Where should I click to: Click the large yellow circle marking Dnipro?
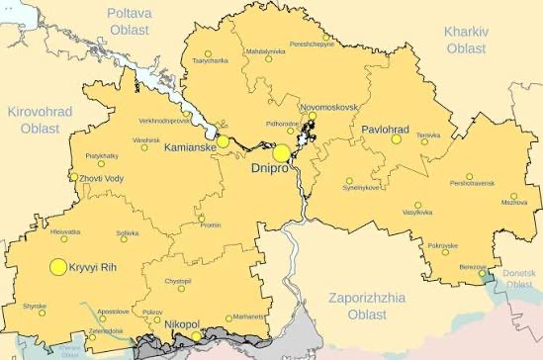(282, 153)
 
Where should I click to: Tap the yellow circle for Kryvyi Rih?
(57, 267)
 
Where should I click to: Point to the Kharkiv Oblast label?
(466, 40)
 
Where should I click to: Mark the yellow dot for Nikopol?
(196, 336)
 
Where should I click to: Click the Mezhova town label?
(513, 202)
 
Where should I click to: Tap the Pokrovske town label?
(442, 244)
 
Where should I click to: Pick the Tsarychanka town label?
(210, 61)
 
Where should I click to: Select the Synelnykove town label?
(361, 187)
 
